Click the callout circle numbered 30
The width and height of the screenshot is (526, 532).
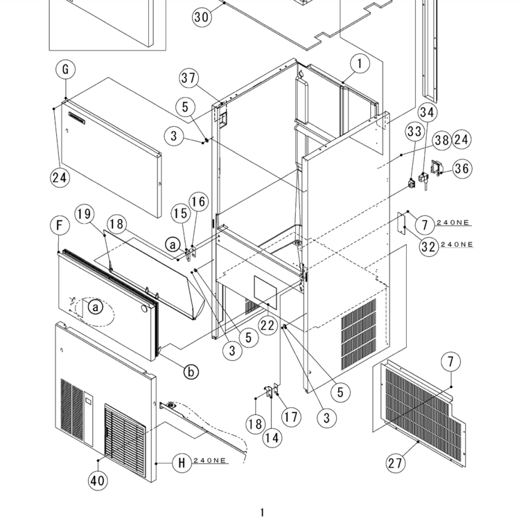pos(202,17)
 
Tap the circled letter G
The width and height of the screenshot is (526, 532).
pos(64,70)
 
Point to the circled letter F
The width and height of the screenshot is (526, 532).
pos(60,225)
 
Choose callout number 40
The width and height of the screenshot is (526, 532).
pos(98,480)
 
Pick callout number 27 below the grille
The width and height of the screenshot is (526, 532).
pos(396,463)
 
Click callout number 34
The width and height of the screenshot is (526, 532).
pos(427,112)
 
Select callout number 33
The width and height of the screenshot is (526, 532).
pos(414,131)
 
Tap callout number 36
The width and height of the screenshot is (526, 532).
pos(462,168)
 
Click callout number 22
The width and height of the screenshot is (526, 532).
pos(268,325)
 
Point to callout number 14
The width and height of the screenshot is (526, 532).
pos(272,438)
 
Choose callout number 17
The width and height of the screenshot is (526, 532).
pos(292,417)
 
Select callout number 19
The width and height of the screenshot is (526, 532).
pos(85,215)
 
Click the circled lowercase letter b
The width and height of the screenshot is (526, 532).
pos(191,372)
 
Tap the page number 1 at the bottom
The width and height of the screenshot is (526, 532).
pos(262,513)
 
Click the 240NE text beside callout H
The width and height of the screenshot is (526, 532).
pos(210,461)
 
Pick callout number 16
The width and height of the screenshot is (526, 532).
pos(198,202)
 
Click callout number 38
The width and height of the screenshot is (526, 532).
pos(441,139)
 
